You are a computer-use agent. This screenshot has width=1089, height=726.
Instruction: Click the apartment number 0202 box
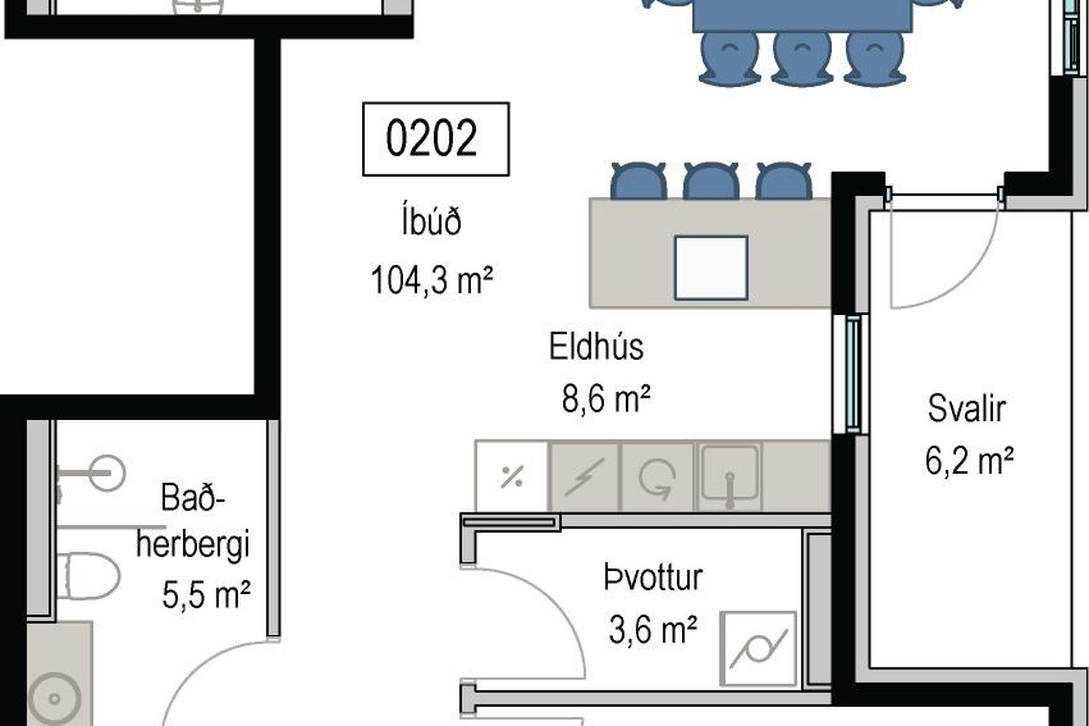pos(436,139)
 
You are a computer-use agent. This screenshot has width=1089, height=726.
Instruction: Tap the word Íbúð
pos(431,222)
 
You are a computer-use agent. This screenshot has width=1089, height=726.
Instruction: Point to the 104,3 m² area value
pos(431,280)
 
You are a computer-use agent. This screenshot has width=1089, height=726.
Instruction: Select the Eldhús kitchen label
pos(596,347)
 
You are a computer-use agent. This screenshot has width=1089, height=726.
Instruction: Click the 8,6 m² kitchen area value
pos(605,398)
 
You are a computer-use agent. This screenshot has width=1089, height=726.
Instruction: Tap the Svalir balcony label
pos(966,408)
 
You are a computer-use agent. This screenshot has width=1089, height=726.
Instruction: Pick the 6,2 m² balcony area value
pos(969,461)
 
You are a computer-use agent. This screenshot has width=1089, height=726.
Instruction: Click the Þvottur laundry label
pos(653,577)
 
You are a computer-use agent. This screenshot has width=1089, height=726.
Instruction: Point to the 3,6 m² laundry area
pos(653,629)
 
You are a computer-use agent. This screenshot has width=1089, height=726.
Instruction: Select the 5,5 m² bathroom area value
pos(206,595)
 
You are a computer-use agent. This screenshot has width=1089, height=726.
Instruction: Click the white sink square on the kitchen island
pos(711,268)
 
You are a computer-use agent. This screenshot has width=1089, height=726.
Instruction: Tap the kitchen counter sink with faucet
pos(729,476)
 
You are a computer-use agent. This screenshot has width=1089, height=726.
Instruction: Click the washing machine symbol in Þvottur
pos(758,648)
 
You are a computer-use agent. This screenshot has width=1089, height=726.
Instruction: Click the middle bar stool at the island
pos(711,181)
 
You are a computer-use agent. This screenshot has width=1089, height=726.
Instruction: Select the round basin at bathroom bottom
pos(55,698)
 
